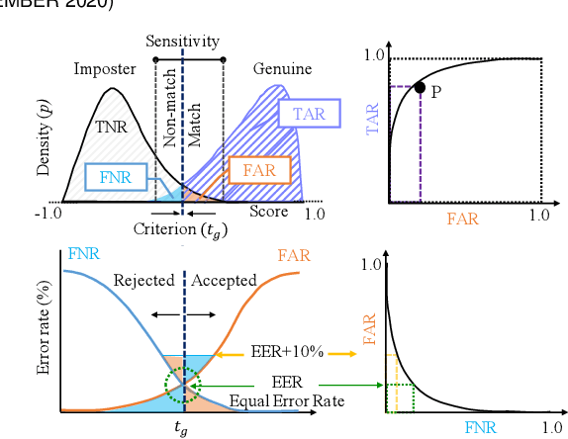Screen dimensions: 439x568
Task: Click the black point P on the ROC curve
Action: pyautogui.click(x=420, y=88)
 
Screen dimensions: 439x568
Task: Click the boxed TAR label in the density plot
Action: pyautogui.click(x=309, y=114)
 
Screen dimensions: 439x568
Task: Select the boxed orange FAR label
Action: pyautogui.click(x=259, y=169)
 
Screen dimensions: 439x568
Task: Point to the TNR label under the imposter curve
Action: pyautogui.click(x=111, y=127)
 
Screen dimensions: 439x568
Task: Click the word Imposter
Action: pyautogui.click(x=103, y=69)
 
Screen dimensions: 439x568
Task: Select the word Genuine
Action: pyautogui.click(x=282, y=69)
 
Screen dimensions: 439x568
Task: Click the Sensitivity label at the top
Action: pyautogui.click(x=182, y=42)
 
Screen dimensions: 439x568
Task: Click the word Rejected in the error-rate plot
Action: pyautogui.click(x=144, y=280)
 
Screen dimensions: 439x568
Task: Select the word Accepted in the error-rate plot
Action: pyautogui.click(x=224, y=280)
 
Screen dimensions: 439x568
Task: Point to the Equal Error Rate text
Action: pyautogui.click(x=286, y=400)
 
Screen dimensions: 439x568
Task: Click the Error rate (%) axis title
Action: pyautogui.click(x=44, y=335)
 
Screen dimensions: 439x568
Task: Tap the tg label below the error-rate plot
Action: pyautogui.click(x=182, y=427)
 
